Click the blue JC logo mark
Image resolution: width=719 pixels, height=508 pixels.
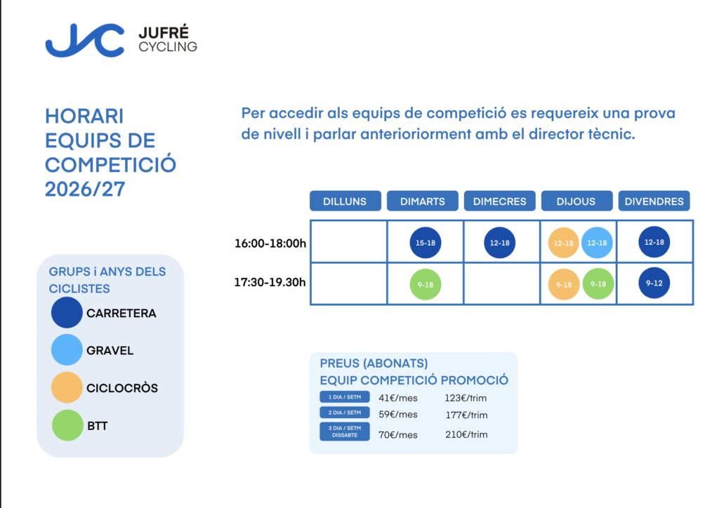click(85, 40)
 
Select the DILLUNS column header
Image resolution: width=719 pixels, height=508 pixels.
click(345, 201)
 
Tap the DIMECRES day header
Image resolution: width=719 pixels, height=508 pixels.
click(500, 201)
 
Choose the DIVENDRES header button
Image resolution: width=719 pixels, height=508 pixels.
click(654, 201)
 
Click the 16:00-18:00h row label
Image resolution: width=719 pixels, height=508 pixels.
click(270, 243)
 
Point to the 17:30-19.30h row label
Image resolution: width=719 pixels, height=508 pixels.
click(270, 282)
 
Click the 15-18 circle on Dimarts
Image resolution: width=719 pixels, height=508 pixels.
click(426, 243)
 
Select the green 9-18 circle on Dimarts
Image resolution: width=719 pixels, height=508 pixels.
click(426, 284)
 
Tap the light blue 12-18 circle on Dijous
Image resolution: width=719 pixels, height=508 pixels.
click(597, 243)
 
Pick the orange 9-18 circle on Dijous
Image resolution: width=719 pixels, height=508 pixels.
click(564, 284)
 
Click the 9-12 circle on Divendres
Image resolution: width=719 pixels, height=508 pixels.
click(654, 283)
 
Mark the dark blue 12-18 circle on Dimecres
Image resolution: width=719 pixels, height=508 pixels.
click(500, 243)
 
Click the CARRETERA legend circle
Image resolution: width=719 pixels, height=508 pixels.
click(67, 313)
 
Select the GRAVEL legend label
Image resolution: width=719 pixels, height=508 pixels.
click(110, 350)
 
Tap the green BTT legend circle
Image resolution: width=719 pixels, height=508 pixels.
click(67, 425)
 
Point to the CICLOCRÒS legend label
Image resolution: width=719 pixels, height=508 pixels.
click(122, 388)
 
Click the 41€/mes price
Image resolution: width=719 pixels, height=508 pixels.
click(398, 398)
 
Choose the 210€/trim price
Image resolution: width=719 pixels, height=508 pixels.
click(466, 434)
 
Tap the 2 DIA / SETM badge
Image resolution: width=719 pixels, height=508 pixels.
click(344, 413)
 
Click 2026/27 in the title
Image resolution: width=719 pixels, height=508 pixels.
click(85, 189)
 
